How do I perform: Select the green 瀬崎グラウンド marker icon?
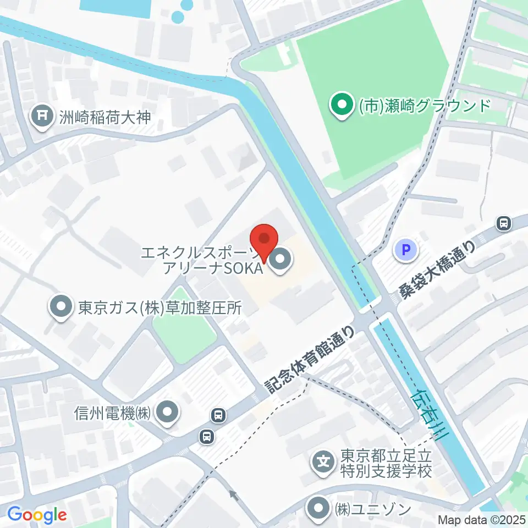[342, 105]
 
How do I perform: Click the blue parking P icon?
[406, 251]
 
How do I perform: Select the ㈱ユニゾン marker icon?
[319, 508]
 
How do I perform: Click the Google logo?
[36, 515]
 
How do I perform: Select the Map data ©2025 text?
[482, 519]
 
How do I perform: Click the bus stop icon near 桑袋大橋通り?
[503, 223]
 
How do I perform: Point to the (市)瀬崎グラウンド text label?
[424, 105]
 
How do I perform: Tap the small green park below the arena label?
[183, 319]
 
